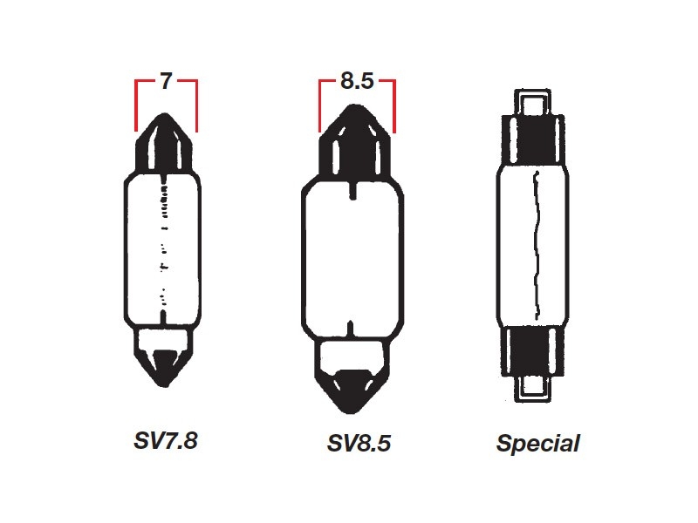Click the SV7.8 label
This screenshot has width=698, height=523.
coord(166,441)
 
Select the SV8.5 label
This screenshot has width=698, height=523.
coord(358,444)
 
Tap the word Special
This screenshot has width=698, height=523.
coord(537,444)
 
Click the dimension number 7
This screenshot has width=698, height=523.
coord(166,83)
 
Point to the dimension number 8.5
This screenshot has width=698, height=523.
coord(358,83)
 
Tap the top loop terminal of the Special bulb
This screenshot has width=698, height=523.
coord(536,104)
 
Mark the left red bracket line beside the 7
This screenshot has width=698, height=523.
coord(136,105)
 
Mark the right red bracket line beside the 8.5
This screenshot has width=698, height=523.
coord(395,105)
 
